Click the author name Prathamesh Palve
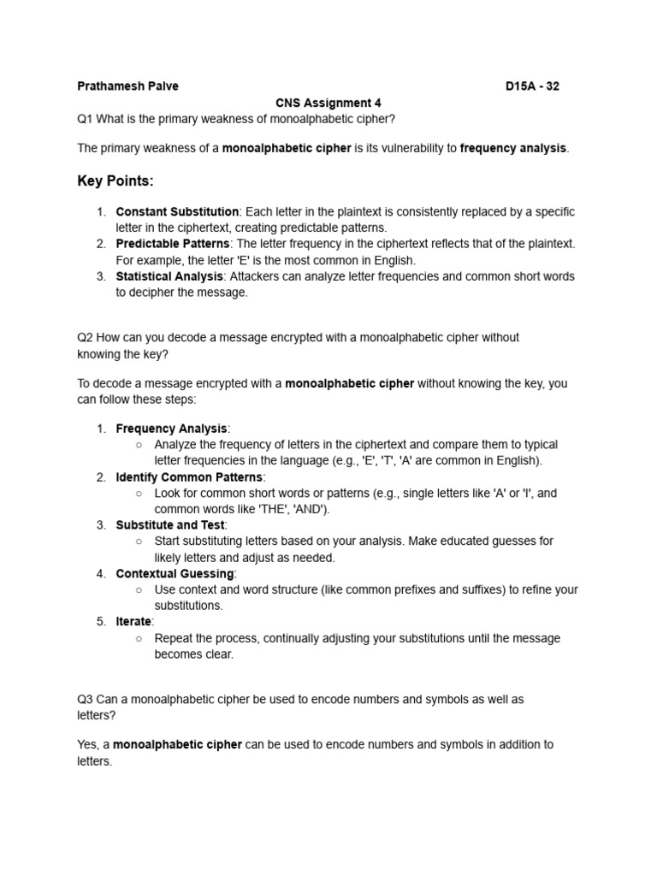[127, 86]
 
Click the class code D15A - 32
[532, 86]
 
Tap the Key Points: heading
[115, 181]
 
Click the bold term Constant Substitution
[177, 211]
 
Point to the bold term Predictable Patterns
[173, 244]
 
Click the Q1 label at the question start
[85, 118]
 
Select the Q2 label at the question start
[85, 338]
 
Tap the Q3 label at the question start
[85, 699]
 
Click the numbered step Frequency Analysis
[171, 429]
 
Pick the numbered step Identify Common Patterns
[190, 476]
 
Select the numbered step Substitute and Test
[169, 524]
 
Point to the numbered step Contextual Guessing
[175, 573]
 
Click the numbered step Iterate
[133, 622]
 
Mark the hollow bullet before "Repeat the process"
[139, 638]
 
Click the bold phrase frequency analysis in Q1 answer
[512, 148]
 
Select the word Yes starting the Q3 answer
[87, 744]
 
